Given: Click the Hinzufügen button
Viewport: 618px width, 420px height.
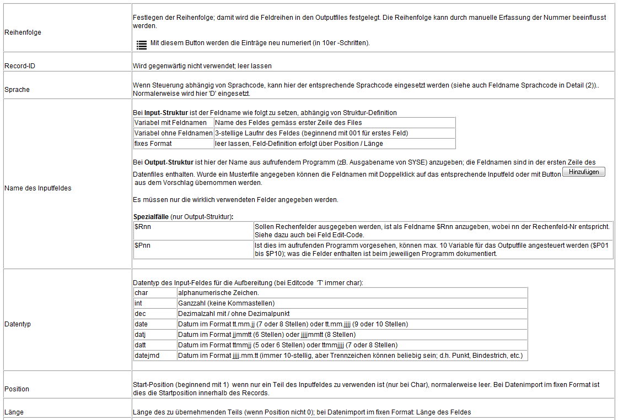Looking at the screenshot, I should (583, 172).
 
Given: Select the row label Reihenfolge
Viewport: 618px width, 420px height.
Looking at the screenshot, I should (23, 32).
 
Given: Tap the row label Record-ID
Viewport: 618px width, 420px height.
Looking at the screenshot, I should (20, 66).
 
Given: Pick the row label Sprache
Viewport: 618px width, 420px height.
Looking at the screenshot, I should (17, 89).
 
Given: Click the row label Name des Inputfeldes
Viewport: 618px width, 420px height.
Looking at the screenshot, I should (38, 188).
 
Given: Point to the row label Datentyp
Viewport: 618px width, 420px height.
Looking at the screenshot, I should (18, 324).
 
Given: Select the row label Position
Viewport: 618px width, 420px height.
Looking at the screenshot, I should (17, 389).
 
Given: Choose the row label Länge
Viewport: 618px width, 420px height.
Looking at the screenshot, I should (14, 412).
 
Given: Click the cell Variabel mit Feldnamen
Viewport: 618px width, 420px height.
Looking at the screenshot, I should (171, 123).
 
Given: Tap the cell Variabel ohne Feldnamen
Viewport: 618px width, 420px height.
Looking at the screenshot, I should (173, 133).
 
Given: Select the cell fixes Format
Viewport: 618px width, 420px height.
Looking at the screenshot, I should (153, 144).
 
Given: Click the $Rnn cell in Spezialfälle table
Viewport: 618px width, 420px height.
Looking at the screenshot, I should (143, 227).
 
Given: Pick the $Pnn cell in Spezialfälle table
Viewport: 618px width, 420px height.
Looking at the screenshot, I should (143, 246).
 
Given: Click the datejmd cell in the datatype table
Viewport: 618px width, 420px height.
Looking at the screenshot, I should (147, 356).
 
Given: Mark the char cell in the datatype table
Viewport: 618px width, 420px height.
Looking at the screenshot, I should (141, 293).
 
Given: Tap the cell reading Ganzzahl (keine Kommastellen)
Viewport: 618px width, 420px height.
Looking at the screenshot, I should (227, 303).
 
